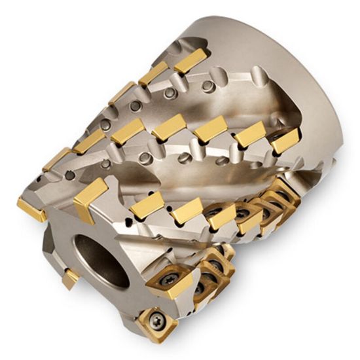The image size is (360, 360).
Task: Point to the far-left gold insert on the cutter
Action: coord(30,209)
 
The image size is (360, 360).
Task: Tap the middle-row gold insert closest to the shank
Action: coord(285,141)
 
